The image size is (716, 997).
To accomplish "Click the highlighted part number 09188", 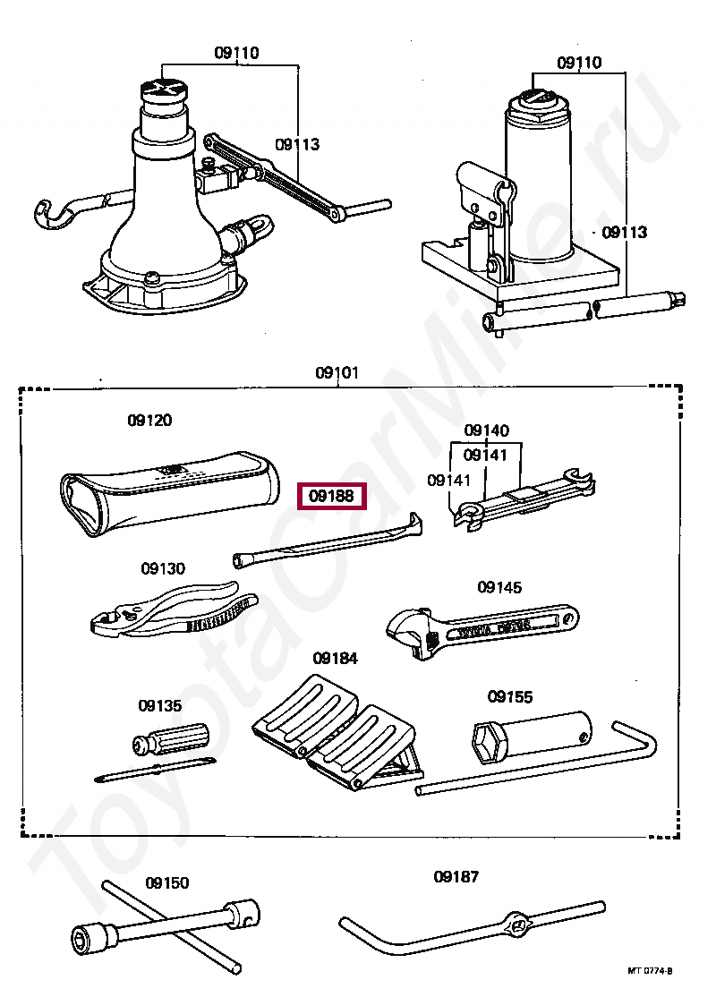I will pyautogui.click(x=331, y=495).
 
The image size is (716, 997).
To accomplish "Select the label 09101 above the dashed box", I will pyautogui.click(x=337, y=372).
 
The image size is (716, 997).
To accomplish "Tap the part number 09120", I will pyautogui.click(x=149, y=420).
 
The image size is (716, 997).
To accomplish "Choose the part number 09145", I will pyautogui.click(x=499, y=587).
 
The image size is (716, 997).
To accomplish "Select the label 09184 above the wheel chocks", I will pyautogui.click(x=336, y=658).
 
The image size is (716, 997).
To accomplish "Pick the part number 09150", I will pyautogui.click(x=167, y=882).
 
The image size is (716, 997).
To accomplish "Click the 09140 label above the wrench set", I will pyautogui.click(x=486, y=430).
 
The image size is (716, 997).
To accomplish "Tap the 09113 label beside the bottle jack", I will pyautogui.click(x=624, y=232).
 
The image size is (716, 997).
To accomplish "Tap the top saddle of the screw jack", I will pyautogui.click(x=164, y=89).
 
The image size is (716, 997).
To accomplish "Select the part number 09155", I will pyautogui.click(x=510, y=695).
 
